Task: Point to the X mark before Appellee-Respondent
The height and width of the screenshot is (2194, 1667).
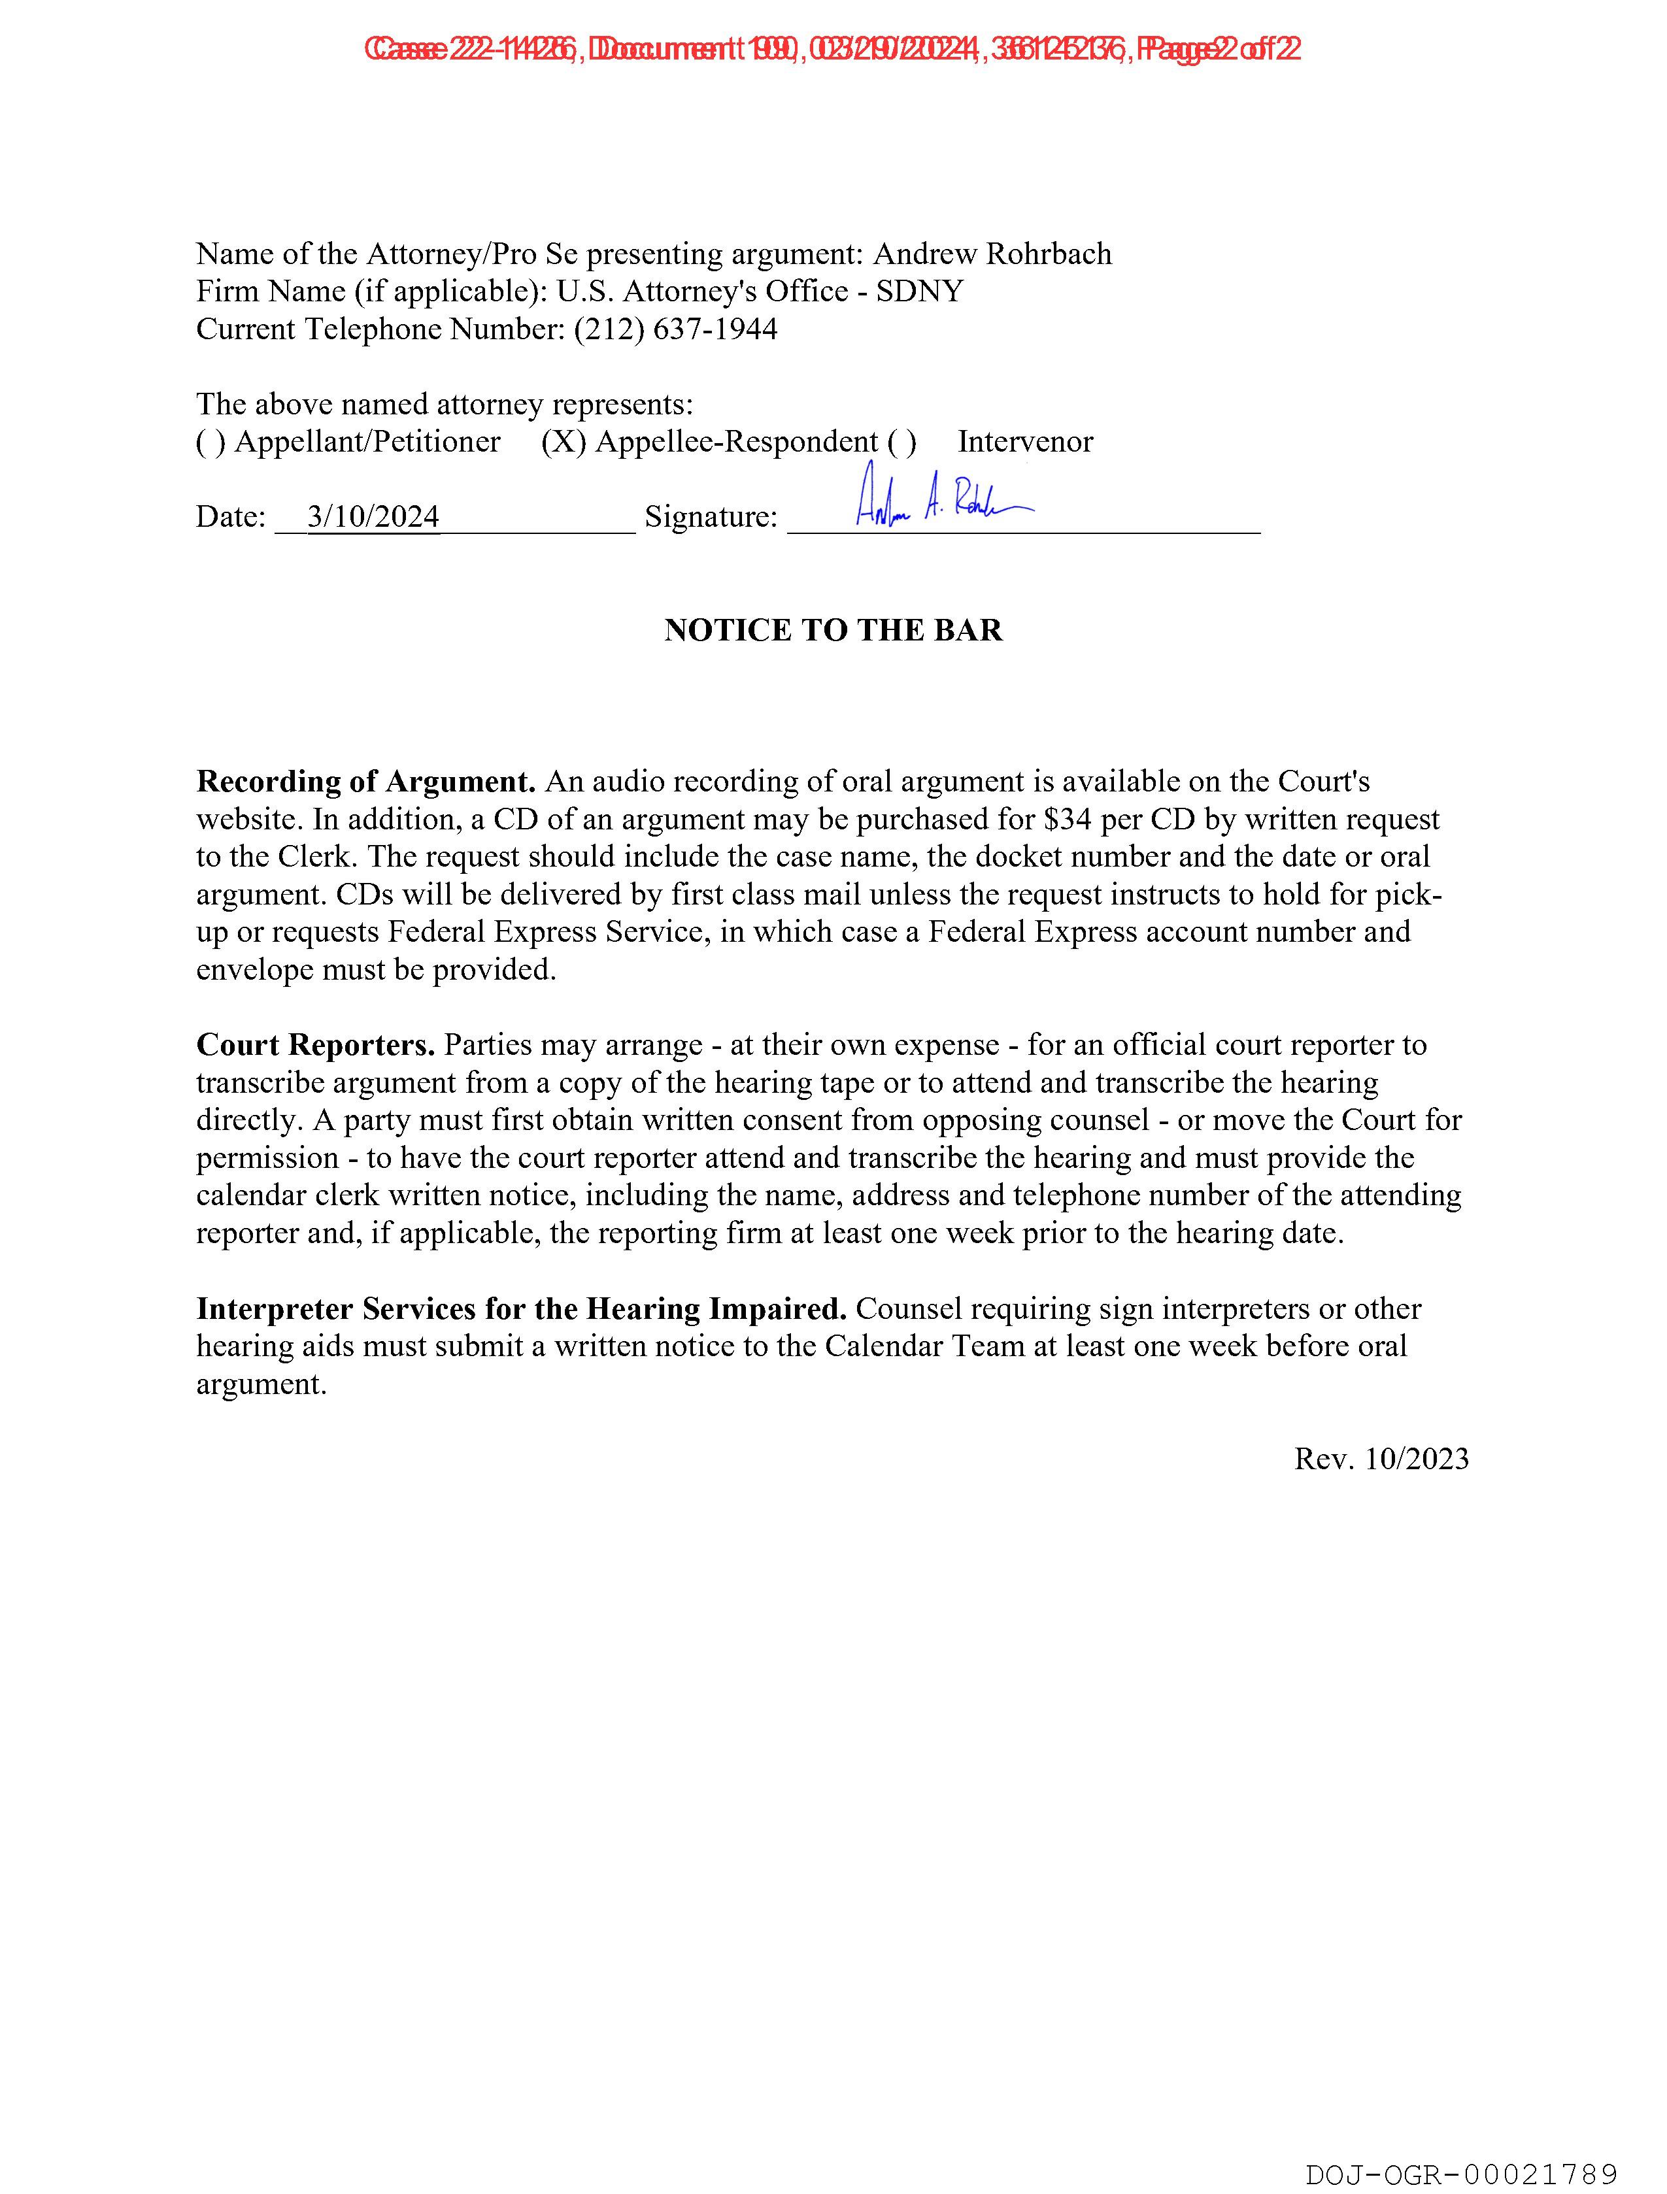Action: (563, 441)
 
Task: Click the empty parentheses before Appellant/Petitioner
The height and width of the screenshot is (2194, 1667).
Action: (210, 441)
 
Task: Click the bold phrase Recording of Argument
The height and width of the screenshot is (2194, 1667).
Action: (366, 782)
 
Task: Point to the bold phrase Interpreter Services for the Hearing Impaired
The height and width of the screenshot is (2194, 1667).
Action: (521, 1308)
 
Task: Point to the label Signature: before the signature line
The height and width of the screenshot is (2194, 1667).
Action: (711, 517)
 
